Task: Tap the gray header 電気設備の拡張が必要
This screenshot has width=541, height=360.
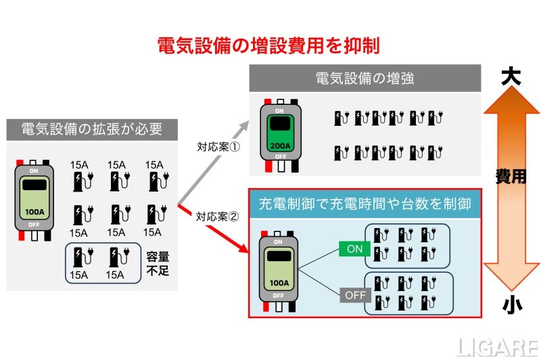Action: click(91, 129)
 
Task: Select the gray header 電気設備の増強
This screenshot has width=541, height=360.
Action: click(364, 78)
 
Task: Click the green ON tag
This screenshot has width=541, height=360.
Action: click(354, 249)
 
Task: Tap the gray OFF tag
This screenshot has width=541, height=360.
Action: click(354, 295)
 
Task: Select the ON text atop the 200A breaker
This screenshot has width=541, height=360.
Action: click(279, 110)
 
